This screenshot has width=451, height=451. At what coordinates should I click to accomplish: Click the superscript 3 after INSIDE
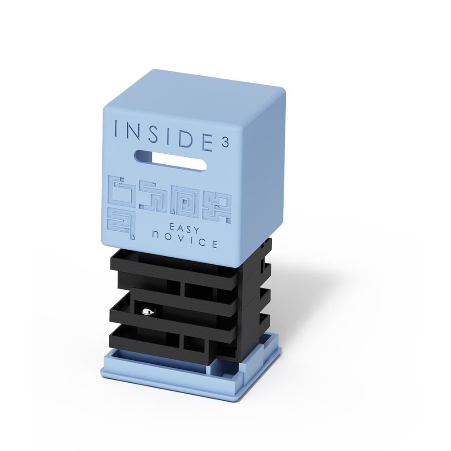[225, 143]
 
